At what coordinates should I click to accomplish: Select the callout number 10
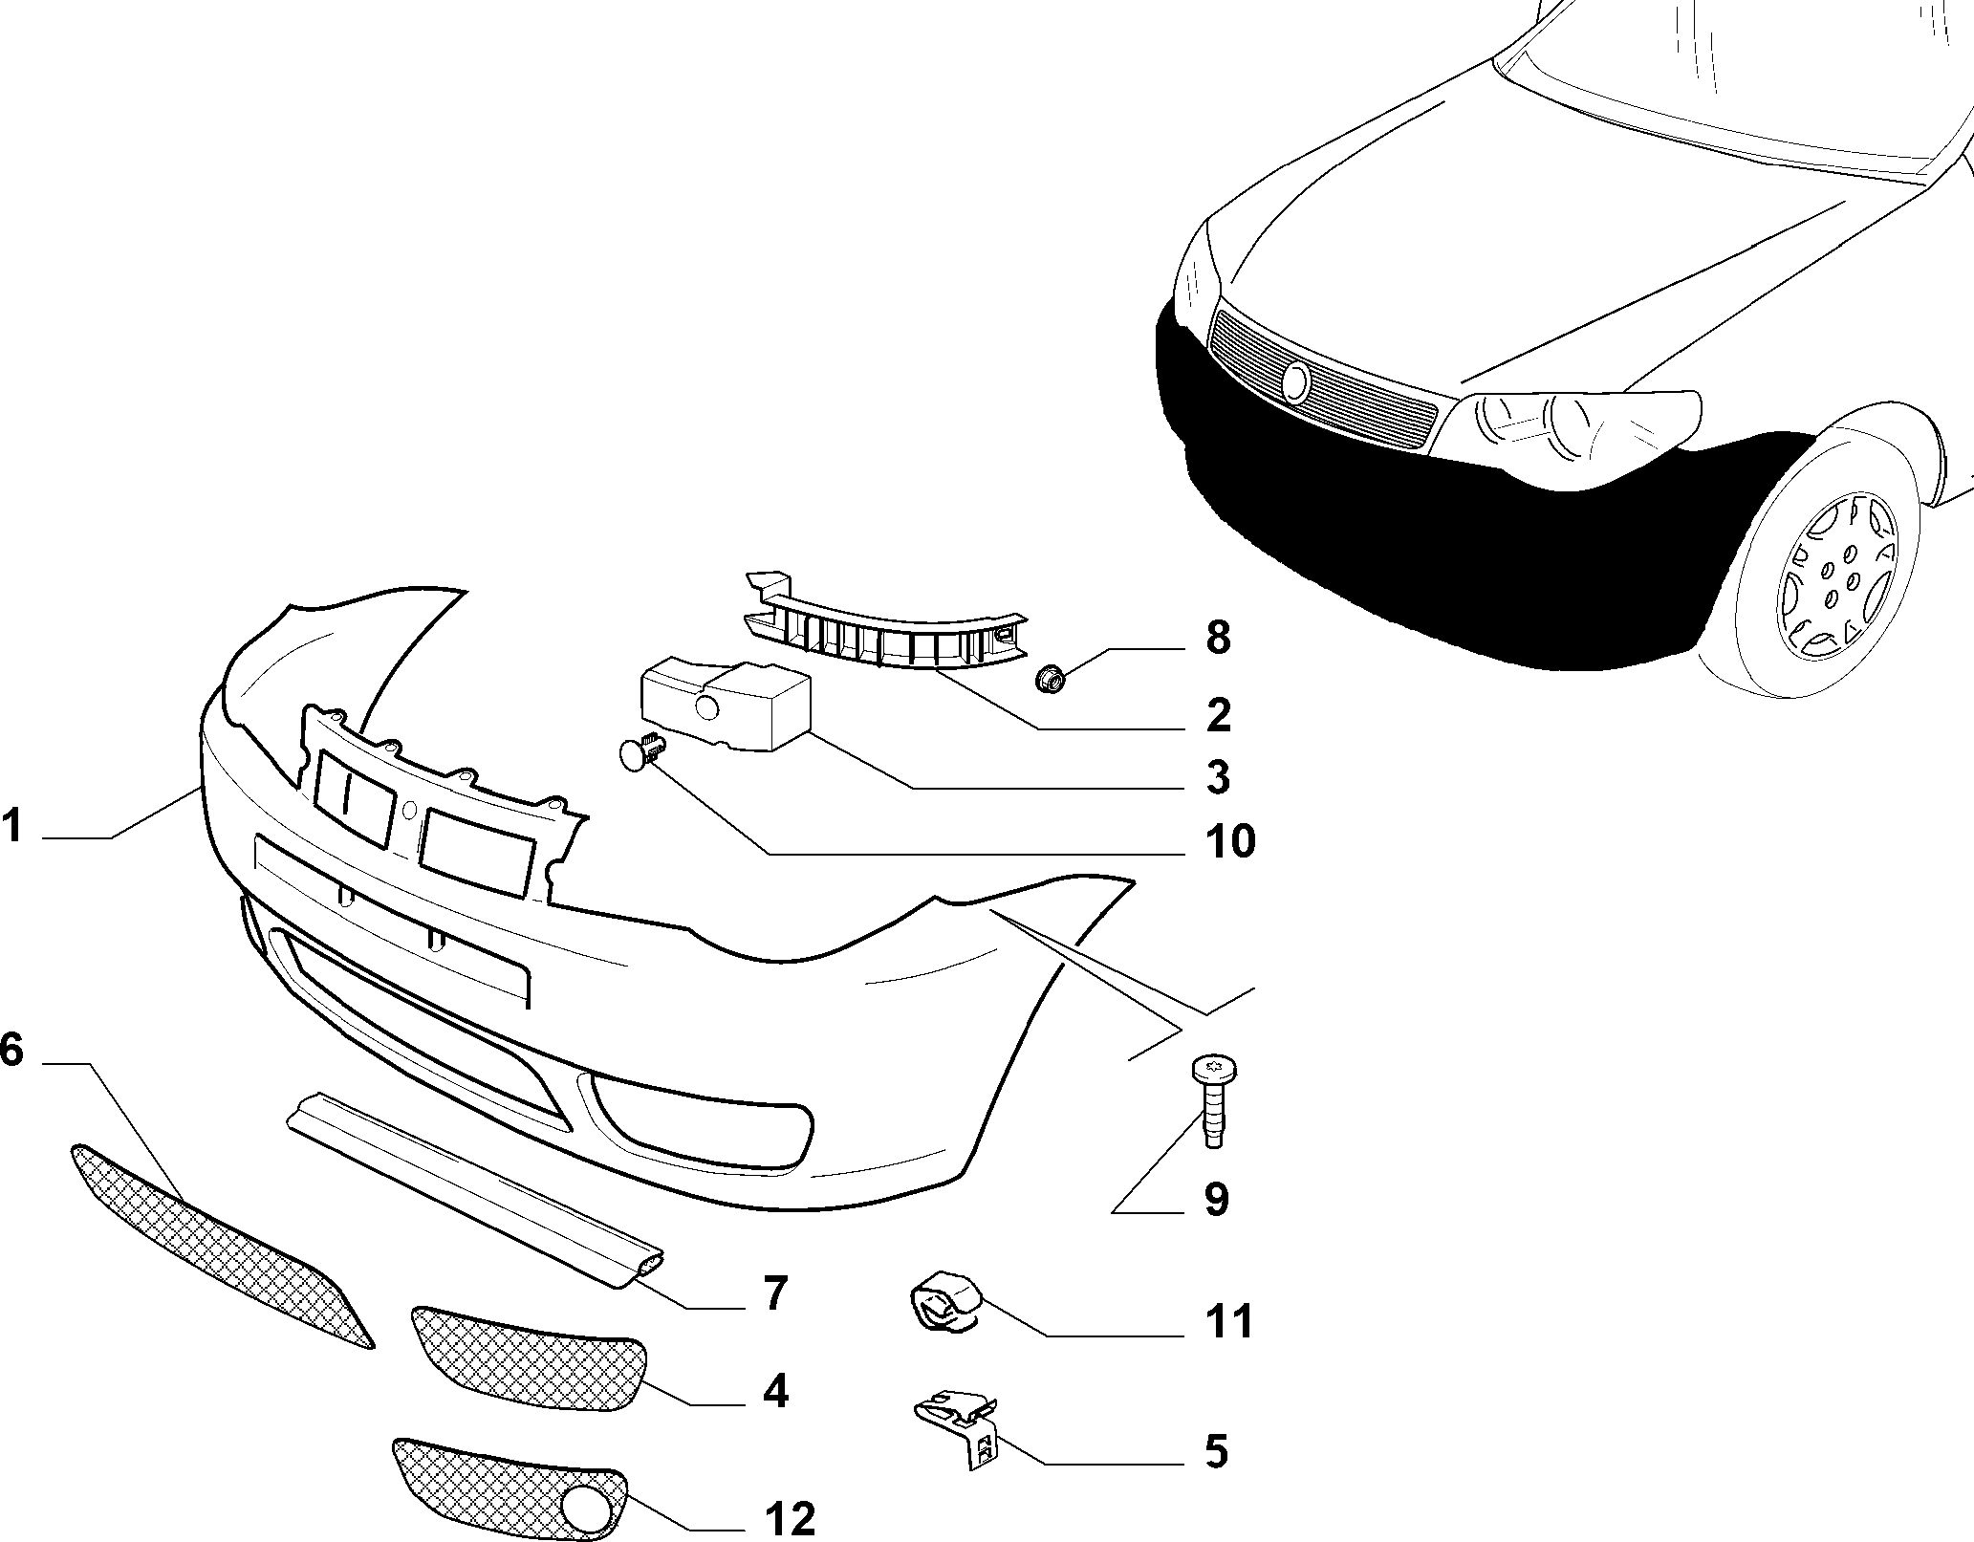[1228, 841]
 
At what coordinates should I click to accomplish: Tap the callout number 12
[790, 1518]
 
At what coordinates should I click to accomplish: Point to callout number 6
[11, 1049]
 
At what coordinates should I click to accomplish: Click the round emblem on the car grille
[1296, 381]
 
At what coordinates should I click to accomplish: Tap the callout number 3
[1217, 777]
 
